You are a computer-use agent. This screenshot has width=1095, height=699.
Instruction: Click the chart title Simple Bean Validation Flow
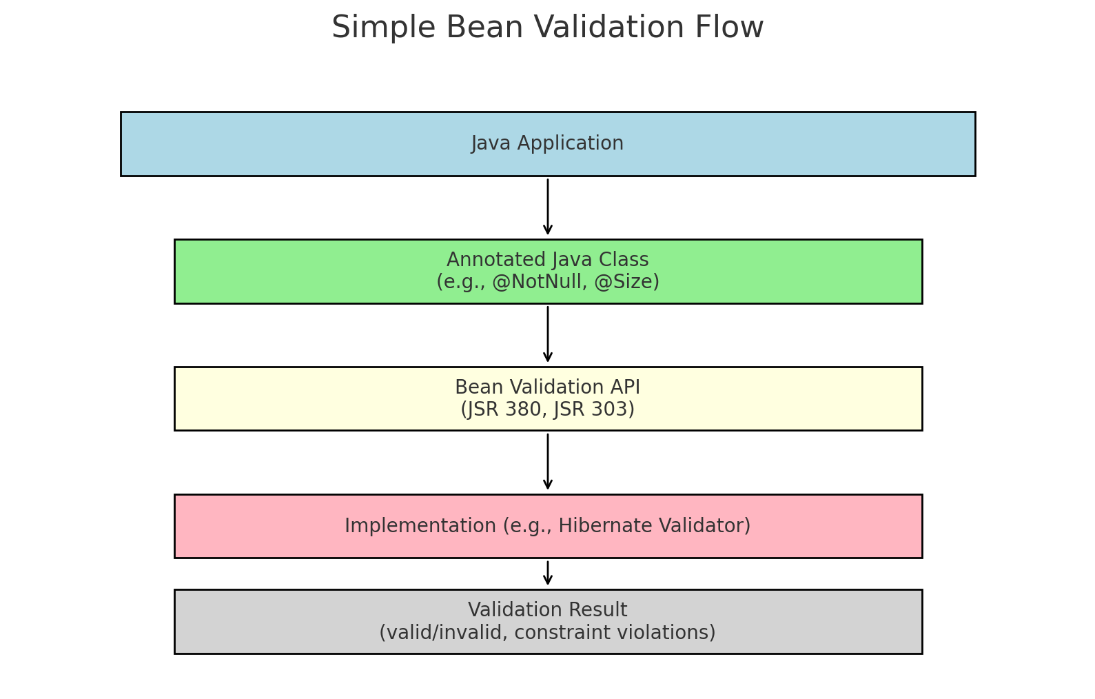pos(547,28)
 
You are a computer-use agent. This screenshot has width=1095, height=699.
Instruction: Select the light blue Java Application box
pos(276,144)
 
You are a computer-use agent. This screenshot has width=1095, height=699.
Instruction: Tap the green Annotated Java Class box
pos(310,272)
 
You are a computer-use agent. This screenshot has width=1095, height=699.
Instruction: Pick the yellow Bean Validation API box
pos(310,399)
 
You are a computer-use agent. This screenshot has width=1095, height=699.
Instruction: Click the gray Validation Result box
pos(276,622)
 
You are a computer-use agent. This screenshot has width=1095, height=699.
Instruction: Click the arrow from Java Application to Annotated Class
pos(548,207)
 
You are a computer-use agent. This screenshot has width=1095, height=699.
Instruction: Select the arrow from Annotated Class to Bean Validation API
pos(548,334)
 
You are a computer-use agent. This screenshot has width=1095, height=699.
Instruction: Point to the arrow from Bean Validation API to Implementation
pos(548,462)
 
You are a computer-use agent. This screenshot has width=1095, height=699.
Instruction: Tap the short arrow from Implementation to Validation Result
pos(548,573)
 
